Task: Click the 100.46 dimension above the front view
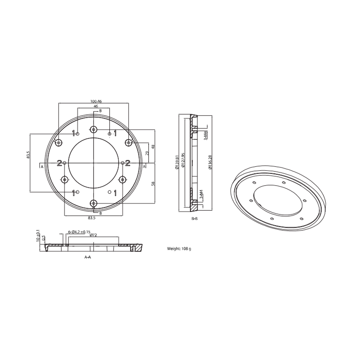pyautogui.click(x=93, y=102)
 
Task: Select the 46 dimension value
pyautogui.click(x=96, y=107)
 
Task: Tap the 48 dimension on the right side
pyautogui.click(x=153, y=147)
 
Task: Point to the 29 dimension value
pyautogui.click(x=147, y=153)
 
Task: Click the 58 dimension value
pyautogui.click(x=153, y=184)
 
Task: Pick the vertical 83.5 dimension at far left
pyautogui.click(x=28, y=155)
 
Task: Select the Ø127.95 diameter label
pyautogui.click(x=183, y=163)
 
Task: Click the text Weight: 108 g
pyautogui.click(x=179, y=249)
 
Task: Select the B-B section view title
pyautogui.click(x=194, y=219)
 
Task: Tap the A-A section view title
pyautogui.click(x=87, y=257)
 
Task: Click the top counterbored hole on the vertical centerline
pyautogui.click(x=94, y=129)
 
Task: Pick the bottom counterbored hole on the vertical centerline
pyautogui.click(x=94, y=204)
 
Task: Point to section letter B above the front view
pyautogui.click(x=100, y=111)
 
